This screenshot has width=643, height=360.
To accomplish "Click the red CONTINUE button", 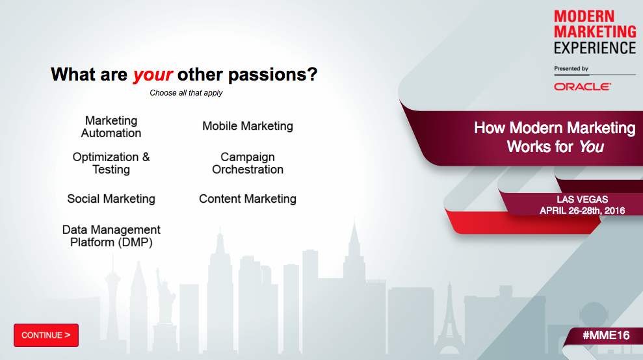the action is coord(46,335).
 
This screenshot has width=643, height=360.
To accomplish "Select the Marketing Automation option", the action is coord(111,127).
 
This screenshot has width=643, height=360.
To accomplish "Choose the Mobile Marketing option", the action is coord(248,126).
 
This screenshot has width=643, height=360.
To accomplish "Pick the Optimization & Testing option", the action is coord(111,163).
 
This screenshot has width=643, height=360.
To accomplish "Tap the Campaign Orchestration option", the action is coord(248,163).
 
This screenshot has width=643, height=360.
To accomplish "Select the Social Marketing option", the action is coord(111,199).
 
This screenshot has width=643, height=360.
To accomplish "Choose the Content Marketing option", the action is coord(248,199).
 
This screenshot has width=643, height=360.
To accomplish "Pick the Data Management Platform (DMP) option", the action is coord(111,236).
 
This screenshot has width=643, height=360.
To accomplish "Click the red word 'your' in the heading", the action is coord(153,75).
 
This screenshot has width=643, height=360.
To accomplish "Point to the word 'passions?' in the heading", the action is coord(272,75).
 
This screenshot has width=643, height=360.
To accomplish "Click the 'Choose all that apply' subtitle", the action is coord(186,93).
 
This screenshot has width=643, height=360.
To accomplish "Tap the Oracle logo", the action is coord(583,86).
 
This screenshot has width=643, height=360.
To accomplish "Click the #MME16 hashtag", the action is coord(606,335).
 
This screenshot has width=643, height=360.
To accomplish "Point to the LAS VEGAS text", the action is coord(583,199).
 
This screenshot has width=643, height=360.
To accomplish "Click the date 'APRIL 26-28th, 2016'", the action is coord(583,211).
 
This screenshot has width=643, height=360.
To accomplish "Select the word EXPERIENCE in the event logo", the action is coord(595,48).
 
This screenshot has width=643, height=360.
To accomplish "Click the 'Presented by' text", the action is coord(571,68).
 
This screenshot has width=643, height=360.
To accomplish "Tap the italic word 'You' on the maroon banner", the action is coord(592,147).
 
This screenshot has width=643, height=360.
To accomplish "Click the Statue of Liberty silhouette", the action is coord(165,295).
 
